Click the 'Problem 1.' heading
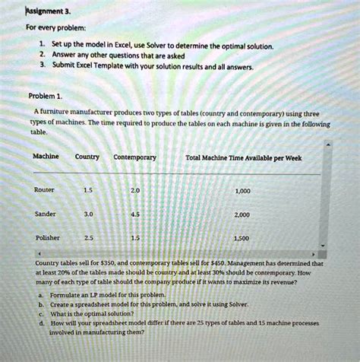pyautogui.click(x=48, y=96)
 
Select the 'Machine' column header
pyautogui.click(x=46, y=157)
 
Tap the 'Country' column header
pyautogui.click(x=87, y=157)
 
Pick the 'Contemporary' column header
pyautogui.click(x=134, y=157)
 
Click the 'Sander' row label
pyautogui.click(x=45, y=214)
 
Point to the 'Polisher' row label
pyautogui.click(x=46, y=237)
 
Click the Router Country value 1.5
pyautogui.click(x=87, y=190)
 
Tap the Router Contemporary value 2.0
pyautogui.click(x=135, y=190)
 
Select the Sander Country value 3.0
pyautogui.click(x=87, y=214)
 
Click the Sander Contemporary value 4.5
pyautogui.click(x=135, y=214)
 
